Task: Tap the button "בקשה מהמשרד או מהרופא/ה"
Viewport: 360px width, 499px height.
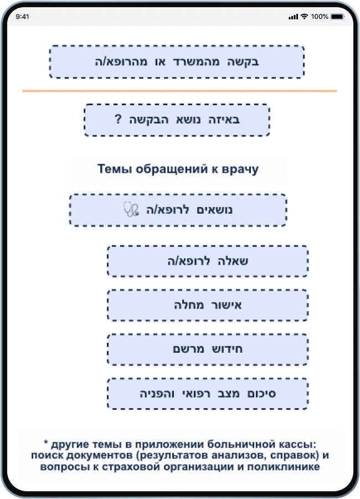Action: tap(177, 61)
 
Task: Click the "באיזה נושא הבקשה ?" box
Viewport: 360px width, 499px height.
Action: tap(177, 120)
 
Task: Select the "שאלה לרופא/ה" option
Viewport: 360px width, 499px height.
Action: tap(208, 261)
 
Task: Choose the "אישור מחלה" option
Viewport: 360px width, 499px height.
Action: tap(208, 305)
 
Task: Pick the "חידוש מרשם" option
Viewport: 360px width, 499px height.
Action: tap(208, 349)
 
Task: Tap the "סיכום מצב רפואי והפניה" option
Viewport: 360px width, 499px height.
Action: tap(208, 394)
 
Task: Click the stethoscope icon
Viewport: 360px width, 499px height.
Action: tap(131, 210)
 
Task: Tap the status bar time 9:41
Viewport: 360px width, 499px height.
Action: tap(23, 17)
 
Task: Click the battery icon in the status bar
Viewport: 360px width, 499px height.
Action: tap(337, 17)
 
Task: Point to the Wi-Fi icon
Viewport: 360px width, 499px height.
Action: tap(304, 17)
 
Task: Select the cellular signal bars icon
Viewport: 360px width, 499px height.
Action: tap(293, 17)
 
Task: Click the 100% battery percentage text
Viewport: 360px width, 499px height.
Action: tap(320, 17)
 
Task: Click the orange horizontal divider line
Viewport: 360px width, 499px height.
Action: tap(179, 90)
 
